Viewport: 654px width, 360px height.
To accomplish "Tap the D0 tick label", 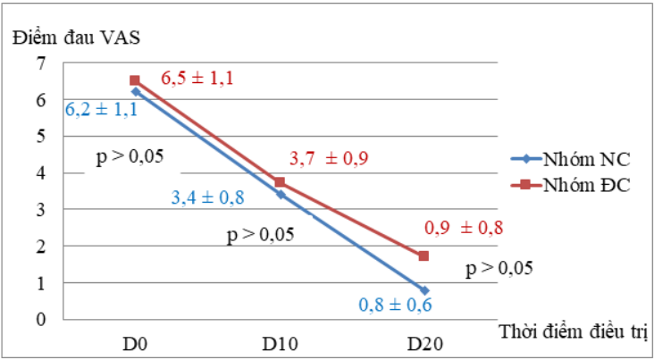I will (135, 344).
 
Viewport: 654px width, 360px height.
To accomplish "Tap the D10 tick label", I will (280, 344).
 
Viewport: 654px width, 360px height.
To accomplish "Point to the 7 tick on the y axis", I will (39, 63).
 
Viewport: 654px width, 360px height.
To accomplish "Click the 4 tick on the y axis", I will (39, 173).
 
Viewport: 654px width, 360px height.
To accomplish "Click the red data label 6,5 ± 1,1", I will (197, 79).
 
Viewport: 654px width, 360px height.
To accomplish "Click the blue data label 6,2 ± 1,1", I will (101, 110).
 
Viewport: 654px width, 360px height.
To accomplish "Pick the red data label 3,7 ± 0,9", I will (329, 160).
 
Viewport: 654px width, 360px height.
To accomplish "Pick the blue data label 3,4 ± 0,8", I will (208, 197).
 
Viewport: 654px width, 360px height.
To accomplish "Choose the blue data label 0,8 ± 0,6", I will (395, 304).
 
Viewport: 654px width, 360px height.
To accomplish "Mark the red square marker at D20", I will (423, 256).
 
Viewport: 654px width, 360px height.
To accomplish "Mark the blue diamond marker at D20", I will (423, 290).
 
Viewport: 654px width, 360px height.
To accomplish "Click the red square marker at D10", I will (280, 182).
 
